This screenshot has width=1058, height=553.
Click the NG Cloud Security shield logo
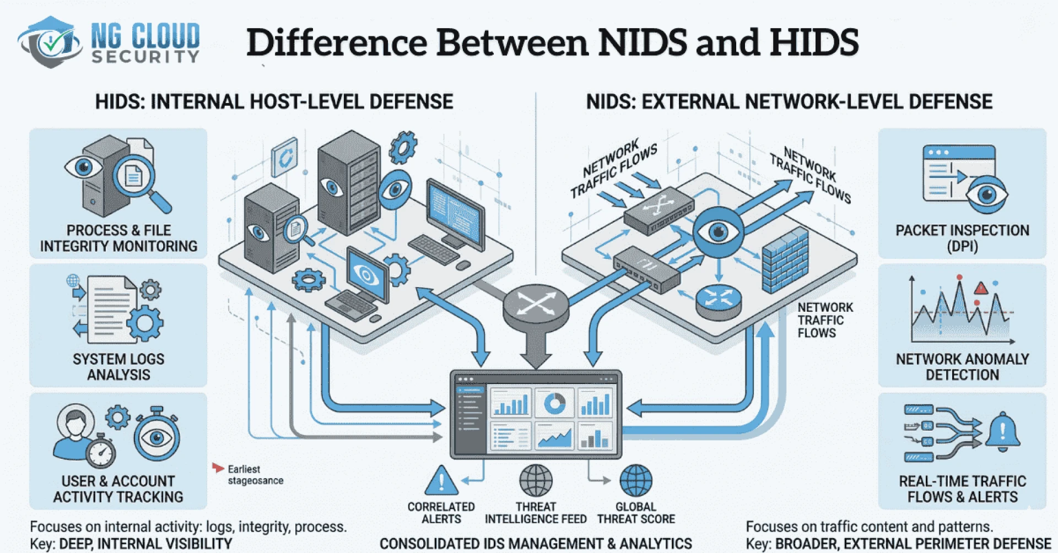pos(50,42)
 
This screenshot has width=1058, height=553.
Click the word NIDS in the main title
pos(643,42)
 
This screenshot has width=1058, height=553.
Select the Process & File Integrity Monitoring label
pos(118,238)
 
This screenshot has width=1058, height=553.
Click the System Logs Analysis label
pos(118,366)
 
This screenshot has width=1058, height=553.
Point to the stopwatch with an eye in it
pos(157,437)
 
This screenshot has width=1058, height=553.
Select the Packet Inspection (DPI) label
pos(962,238)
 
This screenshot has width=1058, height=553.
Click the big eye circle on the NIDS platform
pos(718,231)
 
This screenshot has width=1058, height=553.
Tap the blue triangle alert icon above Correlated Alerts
pos(441,481)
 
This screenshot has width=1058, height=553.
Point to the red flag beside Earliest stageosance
pos(218,468)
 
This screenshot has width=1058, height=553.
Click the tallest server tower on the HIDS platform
pos(348,176)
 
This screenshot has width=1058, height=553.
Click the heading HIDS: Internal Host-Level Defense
pos(274,102)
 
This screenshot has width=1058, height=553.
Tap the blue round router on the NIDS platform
pos(719,300)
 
